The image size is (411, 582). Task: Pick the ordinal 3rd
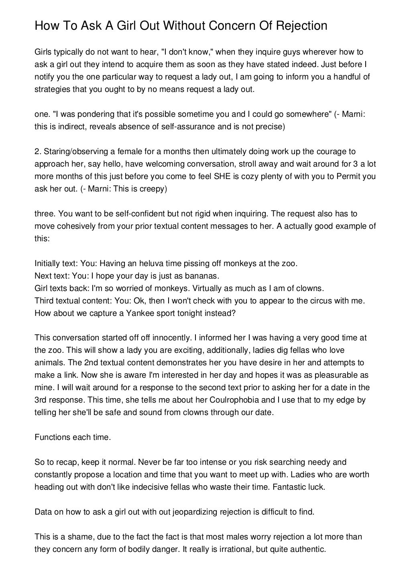coord(41,400)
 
